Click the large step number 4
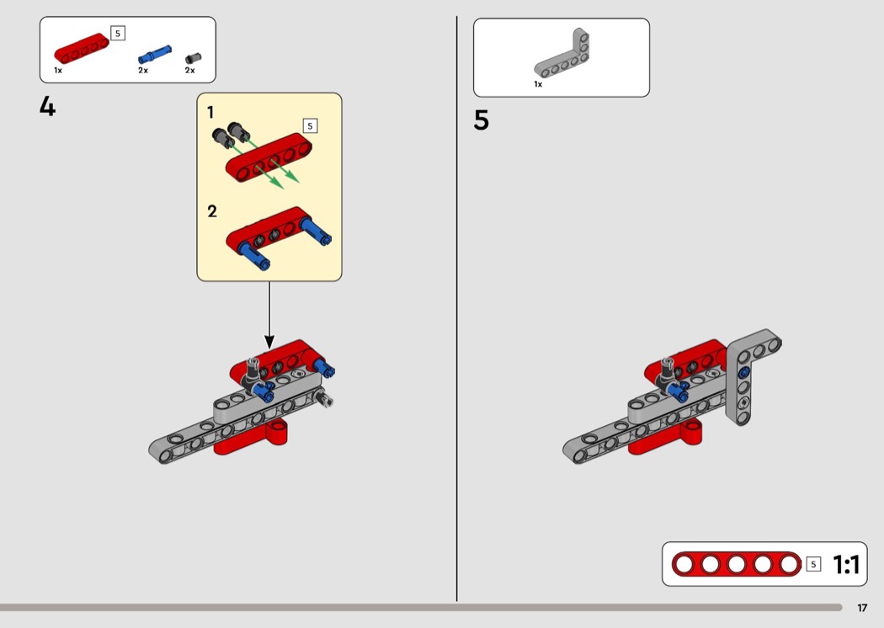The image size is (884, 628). (47, 106)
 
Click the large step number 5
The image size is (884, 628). (481, 120)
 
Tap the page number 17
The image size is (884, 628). (862, 608)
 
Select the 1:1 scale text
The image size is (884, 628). (845, 564)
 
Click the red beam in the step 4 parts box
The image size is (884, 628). (82, 48)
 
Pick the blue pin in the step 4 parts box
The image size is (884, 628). (154, 54)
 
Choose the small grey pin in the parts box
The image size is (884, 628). (193, 58)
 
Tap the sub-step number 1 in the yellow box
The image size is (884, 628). (210, 113)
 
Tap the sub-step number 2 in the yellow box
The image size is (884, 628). (212, 211)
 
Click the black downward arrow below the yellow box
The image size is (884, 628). (269, 315)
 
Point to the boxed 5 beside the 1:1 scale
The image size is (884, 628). (813, 564)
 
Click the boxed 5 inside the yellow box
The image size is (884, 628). (310, 125)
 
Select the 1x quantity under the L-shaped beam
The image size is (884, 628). (538, 84)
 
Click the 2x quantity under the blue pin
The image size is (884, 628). (143, 71)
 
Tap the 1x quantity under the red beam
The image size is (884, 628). (58, 71)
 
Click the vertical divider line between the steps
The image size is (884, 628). (456, 309)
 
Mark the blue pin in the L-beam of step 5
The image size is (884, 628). (744, 372)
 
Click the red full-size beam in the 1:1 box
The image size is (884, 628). (737, 564)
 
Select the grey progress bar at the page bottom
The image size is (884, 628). (421, 608)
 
